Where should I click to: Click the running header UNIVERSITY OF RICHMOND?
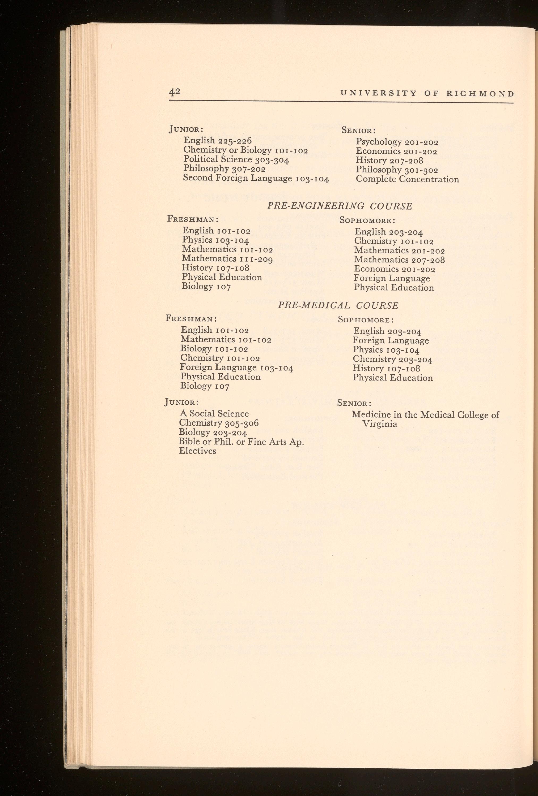tap(427, 93)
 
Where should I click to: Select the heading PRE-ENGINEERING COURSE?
tap(340, 206)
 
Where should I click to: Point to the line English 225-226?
tap(218, 140)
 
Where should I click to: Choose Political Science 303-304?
tap(236, 159)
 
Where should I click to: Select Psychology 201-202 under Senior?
tap(397, 142)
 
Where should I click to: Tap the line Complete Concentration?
tap(407, 179)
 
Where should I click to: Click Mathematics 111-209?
tap(227, 259)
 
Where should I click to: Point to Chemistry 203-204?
tap(392, 359)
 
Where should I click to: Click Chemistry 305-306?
tap(218, 423)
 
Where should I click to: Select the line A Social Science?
tap(214, 414)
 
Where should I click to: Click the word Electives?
tap(197, 451)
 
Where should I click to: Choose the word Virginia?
tap(380, 424)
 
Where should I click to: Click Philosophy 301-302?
tap(397, 170)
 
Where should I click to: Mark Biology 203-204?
tap(213, 432)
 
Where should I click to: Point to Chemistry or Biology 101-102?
tap(245, 150)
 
